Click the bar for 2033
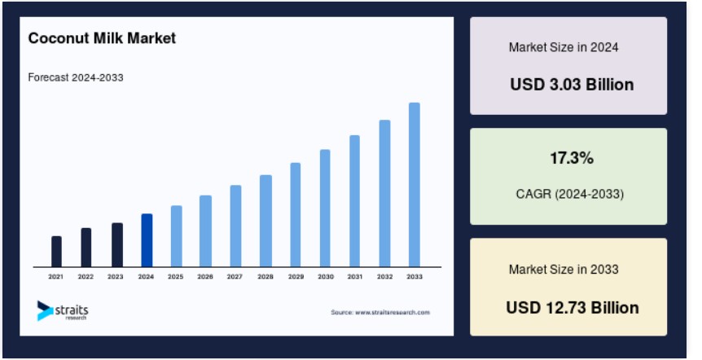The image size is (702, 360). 415,185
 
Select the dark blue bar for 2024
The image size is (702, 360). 147,240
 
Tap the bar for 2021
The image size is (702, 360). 56,252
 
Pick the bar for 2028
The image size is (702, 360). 265,222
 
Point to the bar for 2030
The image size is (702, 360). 325,209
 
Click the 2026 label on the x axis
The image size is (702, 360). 205,277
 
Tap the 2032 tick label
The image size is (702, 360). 384,277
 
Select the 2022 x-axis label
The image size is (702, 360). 86,277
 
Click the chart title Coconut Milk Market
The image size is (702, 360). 102,38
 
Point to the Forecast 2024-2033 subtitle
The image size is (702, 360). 76,77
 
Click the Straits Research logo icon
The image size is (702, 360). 45,310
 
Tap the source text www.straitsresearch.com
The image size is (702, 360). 393,312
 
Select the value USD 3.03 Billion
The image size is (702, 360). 572,84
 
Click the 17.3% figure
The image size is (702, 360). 572,158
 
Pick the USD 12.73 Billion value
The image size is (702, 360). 573,308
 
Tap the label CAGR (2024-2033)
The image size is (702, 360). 569,194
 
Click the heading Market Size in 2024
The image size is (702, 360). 564,47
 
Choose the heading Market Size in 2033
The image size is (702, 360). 564,269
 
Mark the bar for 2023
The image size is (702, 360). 117,245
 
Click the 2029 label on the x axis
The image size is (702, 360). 296,277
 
